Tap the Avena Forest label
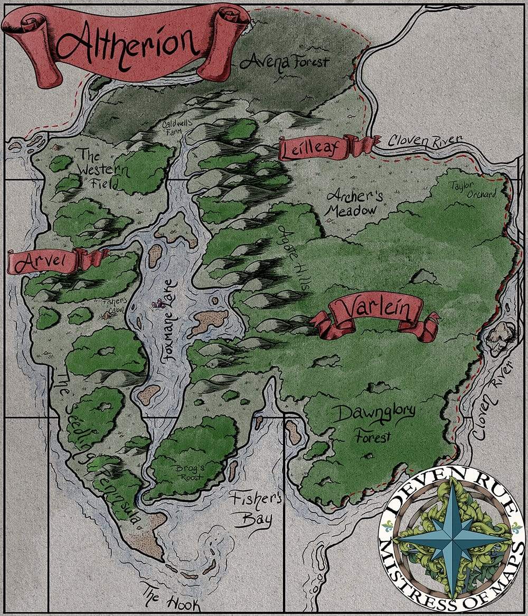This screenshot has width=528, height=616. [284, 62]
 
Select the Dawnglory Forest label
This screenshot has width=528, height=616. [373, 423]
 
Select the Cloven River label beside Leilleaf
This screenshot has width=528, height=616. [425, 141]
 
